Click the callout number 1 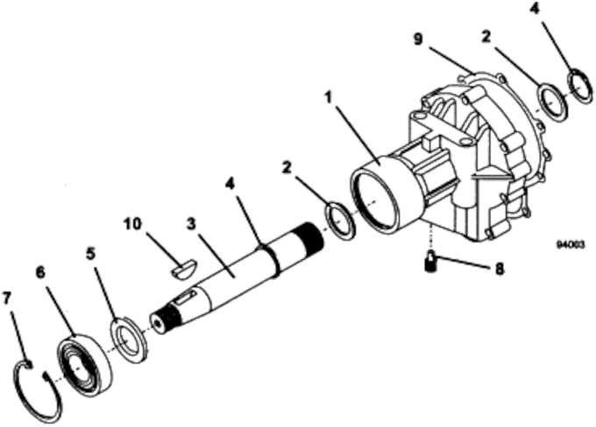pyautogui.click(x=329, y=98)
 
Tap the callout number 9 pyautogui.click(x=418, y=39)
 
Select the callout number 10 pyautogui.click(x=132, y=224)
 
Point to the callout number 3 pyautogui.click(x=191, y=224)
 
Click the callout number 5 pyautogui.click(x=90, y=254)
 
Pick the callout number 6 pyautogui.click(x=40, y=272)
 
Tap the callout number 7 pyautogui.click(x=7, y=297)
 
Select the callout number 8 pyautogui.click(x=500, y=269)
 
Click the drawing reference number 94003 pyautogui.click(x=571, y=245)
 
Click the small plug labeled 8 pyautogui.click(x=429, y=261)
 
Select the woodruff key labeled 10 pyautogui.click(x=183, y=269)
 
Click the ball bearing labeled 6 pyautogui.click(x=86, y=365)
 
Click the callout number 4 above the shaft pyautogui.click(x=230, y=185)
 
